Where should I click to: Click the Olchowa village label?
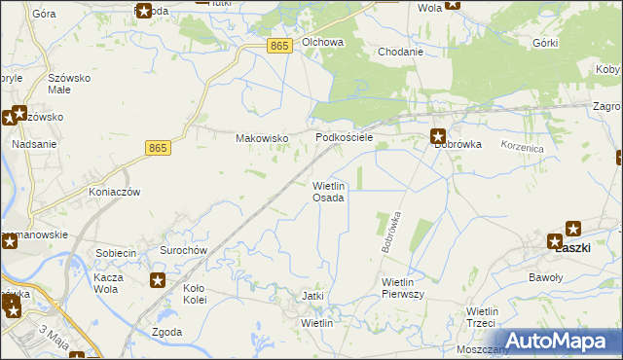tap(323, 43)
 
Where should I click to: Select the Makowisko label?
tap(262, 138)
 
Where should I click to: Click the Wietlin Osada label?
tap(328, 191)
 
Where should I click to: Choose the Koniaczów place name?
tap(115, 192)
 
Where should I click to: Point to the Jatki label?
tap(312, 296)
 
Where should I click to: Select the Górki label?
tap(545, 44)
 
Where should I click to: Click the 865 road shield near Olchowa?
tap(279, 47)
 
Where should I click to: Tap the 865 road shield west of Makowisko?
tap(159, 147)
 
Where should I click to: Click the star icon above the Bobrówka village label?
tap(438, 137)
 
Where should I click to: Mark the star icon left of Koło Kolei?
tap(158, 281)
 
